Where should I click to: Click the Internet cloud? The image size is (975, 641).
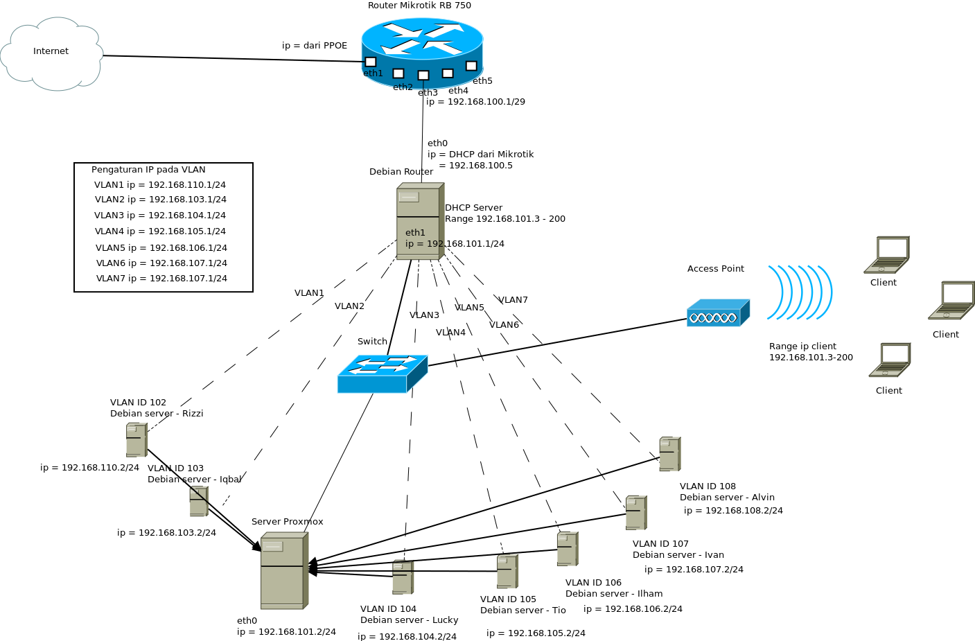coord(51,53)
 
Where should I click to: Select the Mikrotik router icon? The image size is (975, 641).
coord(422,52)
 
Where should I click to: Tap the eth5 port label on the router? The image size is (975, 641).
coord(482,81)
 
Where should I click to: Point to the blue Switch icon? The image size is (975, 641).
coord(382,374)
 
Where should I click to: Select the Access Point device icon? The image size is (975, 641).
coord(718,313)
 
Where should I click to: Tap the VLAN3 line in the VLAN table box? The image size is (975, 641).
coord(160,216)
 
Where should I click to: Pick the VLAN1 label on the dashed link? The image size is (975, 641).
coord(309,293)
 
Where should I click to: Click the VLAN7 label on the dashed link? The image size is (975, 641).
coord(513,300)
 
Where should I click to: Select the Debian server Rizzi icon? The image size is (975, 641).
coord(137,440)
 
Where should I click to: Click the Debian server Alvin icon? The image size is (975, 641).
coord(669,454)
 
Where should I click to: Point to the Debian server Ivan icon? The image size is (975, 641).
coord(635,513)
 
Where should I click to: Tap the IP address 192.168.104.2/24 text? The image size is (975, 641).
coord(407,637)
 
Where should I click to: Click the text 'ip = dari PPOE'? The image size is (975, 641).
coord(315,46)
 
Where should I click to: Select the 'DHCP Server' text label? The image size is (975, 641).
coord(473,208)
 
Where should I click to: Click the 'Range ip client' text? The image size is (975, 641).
coord(802,346)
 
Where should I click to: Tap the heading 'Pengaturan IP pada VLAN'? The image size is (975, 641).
coord(148,170)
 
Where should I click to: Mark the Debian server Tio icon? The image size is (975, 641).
coord(507,572)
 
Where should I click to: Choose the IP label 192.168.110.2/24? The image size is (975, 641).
coord(89,468)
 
